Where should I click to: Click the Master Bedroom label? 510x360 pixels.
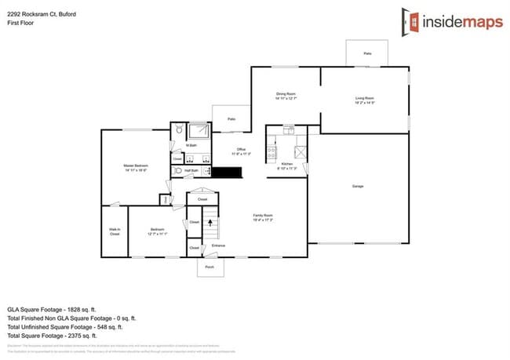pos(136,166)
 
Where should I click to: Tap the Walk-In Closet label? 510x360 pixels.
pos(115,231)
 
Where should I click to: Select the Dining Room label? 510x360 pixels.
pos(286,96)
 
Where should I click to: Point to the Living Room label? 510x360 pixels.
pos(365,100)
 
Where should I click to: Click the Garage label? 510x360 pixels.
pos(358,186)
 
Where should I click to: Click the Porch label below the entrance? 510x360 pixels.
pos(209,267)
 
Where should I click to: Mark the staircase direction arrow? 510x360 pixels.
pos(209,224)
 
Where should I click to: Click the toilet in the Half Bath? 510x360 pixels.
pos(178,170)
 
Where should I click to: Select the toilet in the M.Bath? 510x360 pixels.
pos(179,130)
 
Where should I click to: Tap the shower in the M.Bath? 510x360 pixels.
pos(200,130)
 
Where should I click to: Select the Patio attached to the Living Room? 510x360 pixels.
pos(366,53)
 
